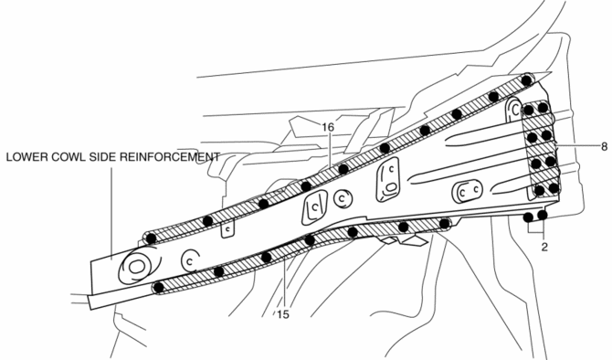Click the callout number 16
coord(328,127)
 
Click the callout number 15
coord(283,314)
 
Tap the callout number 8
coord(604,147)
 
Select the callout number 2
coord(544,247)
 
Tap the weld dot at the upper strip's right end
coord(526,80)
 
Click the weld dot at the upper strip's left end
coord(151,238)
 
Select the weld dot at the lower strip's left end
coord(159,288)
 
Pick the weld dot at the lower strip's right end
coord(444,224)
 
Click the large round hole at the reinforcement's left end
coord(137,267)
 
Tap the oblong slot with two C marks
coord(467,191)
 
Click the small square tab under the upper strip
coord(227,230)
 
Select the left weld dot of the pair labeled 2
coord(529,217)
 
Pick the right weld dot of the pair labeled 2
coord(543,215)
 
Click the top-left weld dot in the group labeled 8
coord(529,110)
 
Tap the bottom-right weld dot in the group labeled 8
coord(554,188)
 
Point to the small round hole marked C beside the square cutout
coord(343,199)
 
